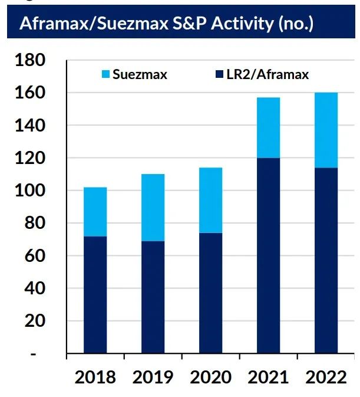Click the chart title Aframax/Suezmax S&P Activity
(166, 24)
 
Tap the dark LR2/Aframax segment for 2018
(95, 295)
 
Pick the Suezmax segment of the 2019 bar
(153, 208)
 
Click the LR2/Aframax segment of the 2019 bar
(153, 297)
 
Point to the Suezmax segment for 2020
(210, 201)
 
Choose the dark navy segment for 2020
(210, 293)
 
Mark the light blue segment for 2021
(268, 127)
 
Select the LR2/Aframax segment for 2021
(268, 256)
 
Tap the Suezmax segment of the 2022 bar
(326, 130)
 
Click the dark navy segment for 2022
(326, 260)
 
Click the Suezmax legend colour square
(105, 75)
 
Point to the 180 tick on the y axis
(40, 61)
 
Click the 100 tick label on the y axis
(40, 191)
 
